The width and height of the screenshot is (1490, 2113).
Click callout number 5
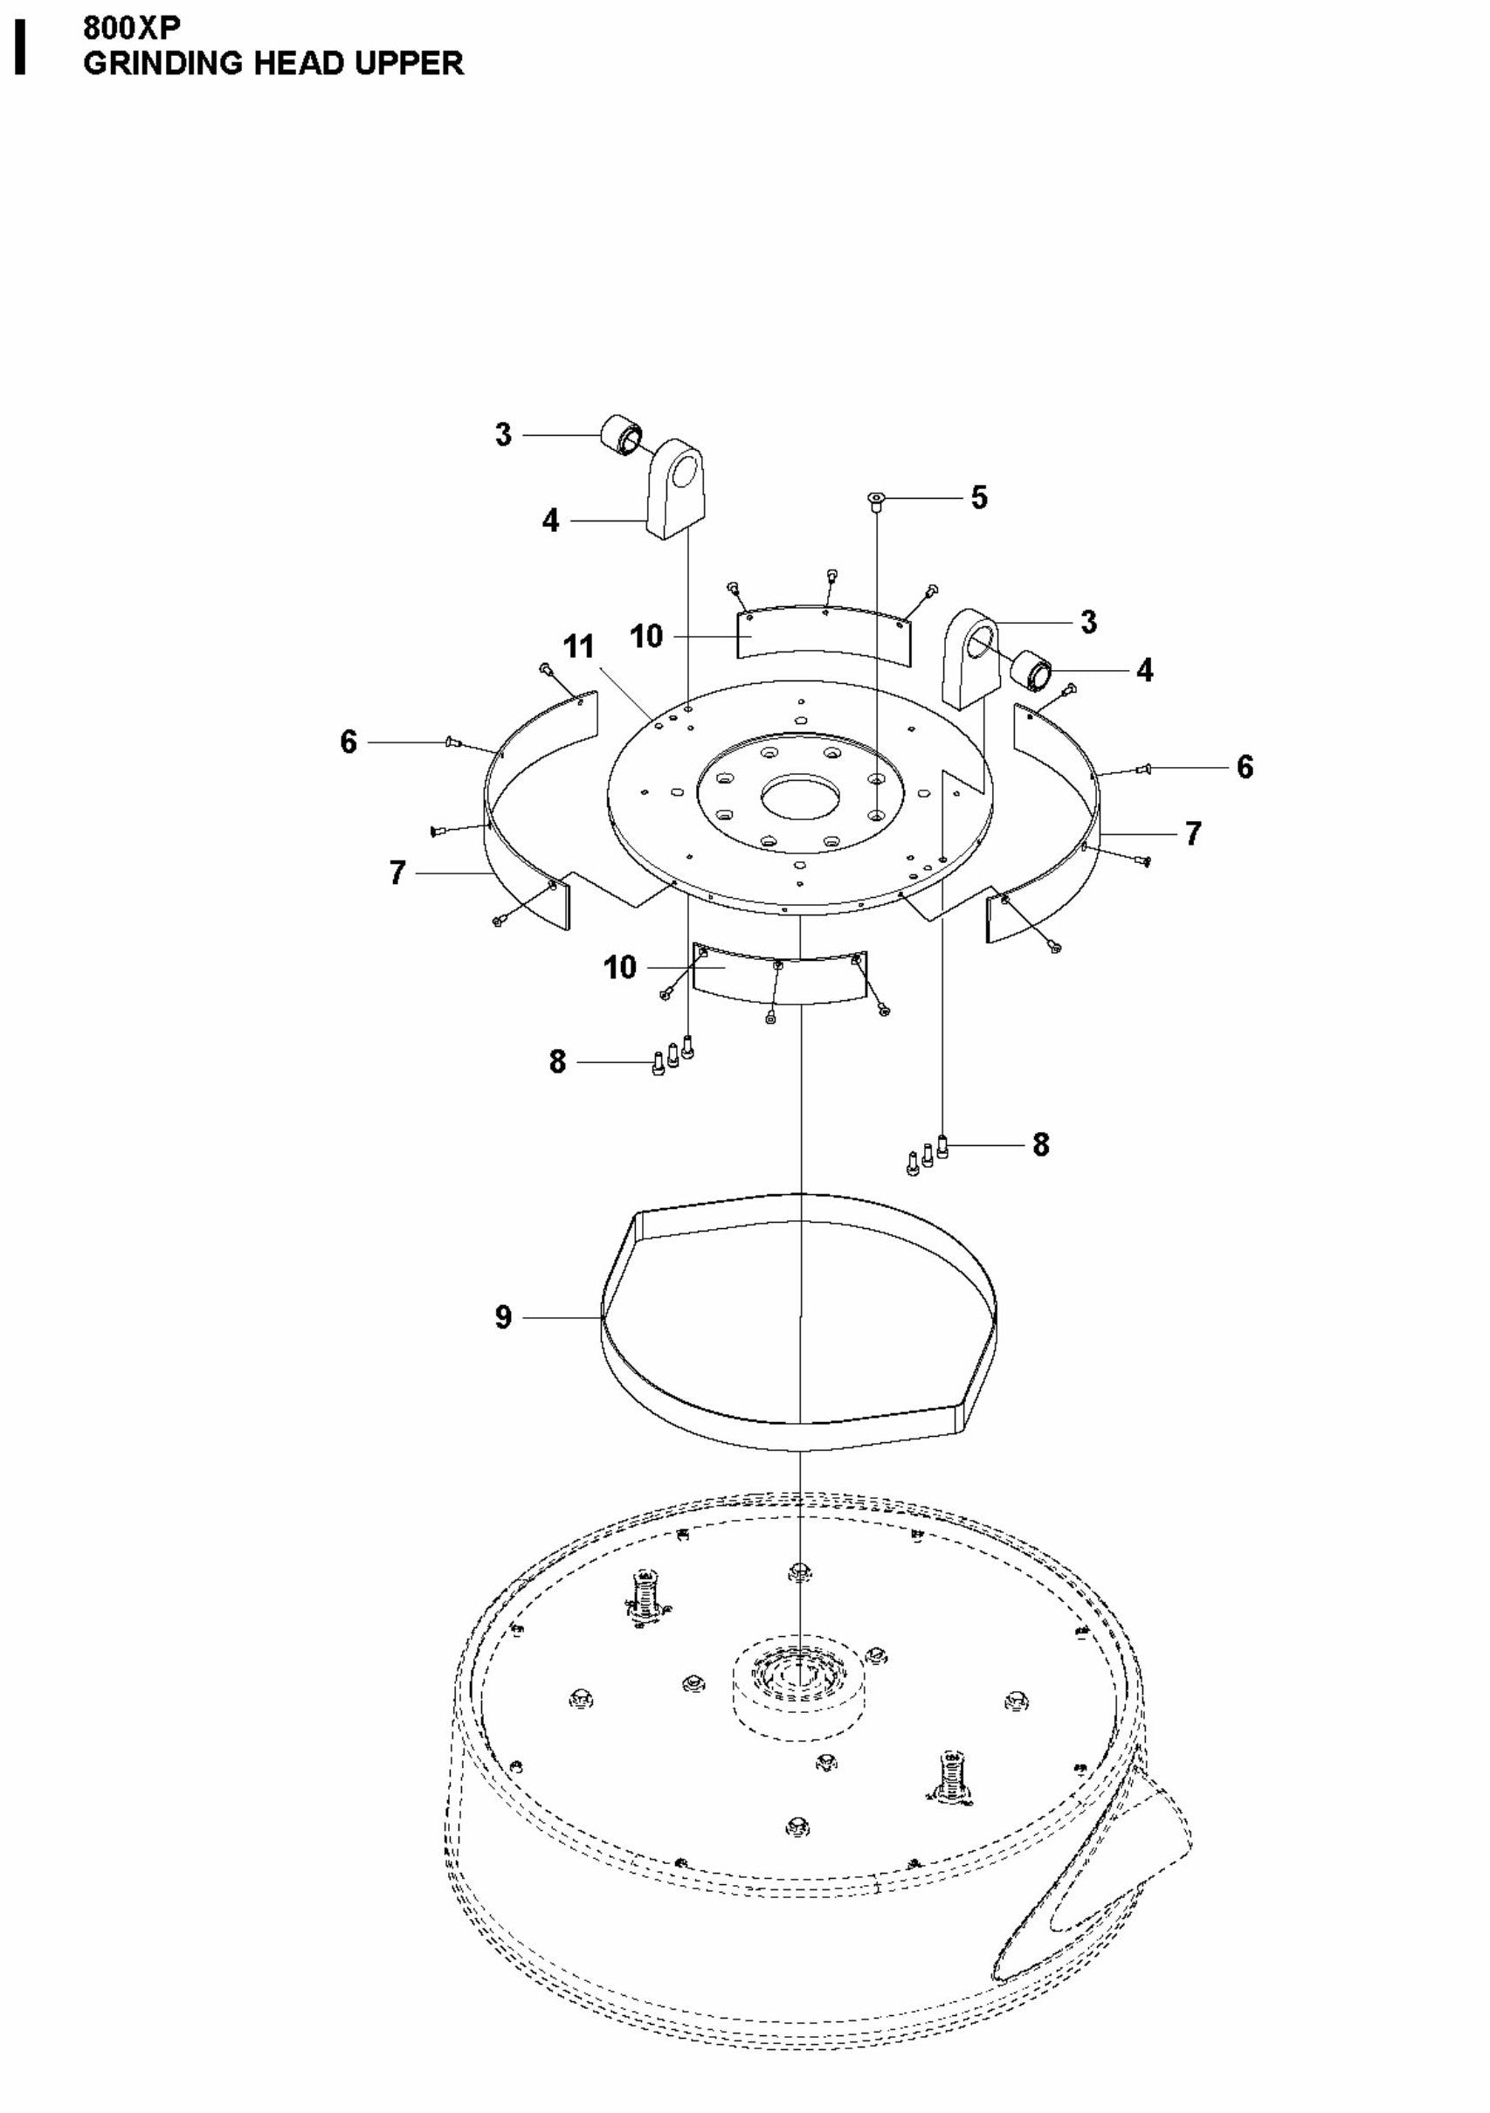978,498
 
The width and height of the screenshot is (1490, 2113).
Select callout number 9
503,1317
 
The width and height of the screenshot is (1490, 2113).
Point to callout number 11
579,646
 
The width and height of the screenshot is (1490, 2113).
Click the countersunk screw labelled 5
875,500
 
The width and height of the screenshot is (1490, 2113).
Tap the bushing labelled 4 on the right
1031,669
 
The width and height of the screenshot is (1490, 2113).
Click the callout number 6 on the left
348,741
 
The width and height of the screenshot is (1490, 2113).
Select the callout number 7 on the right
1193,832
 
